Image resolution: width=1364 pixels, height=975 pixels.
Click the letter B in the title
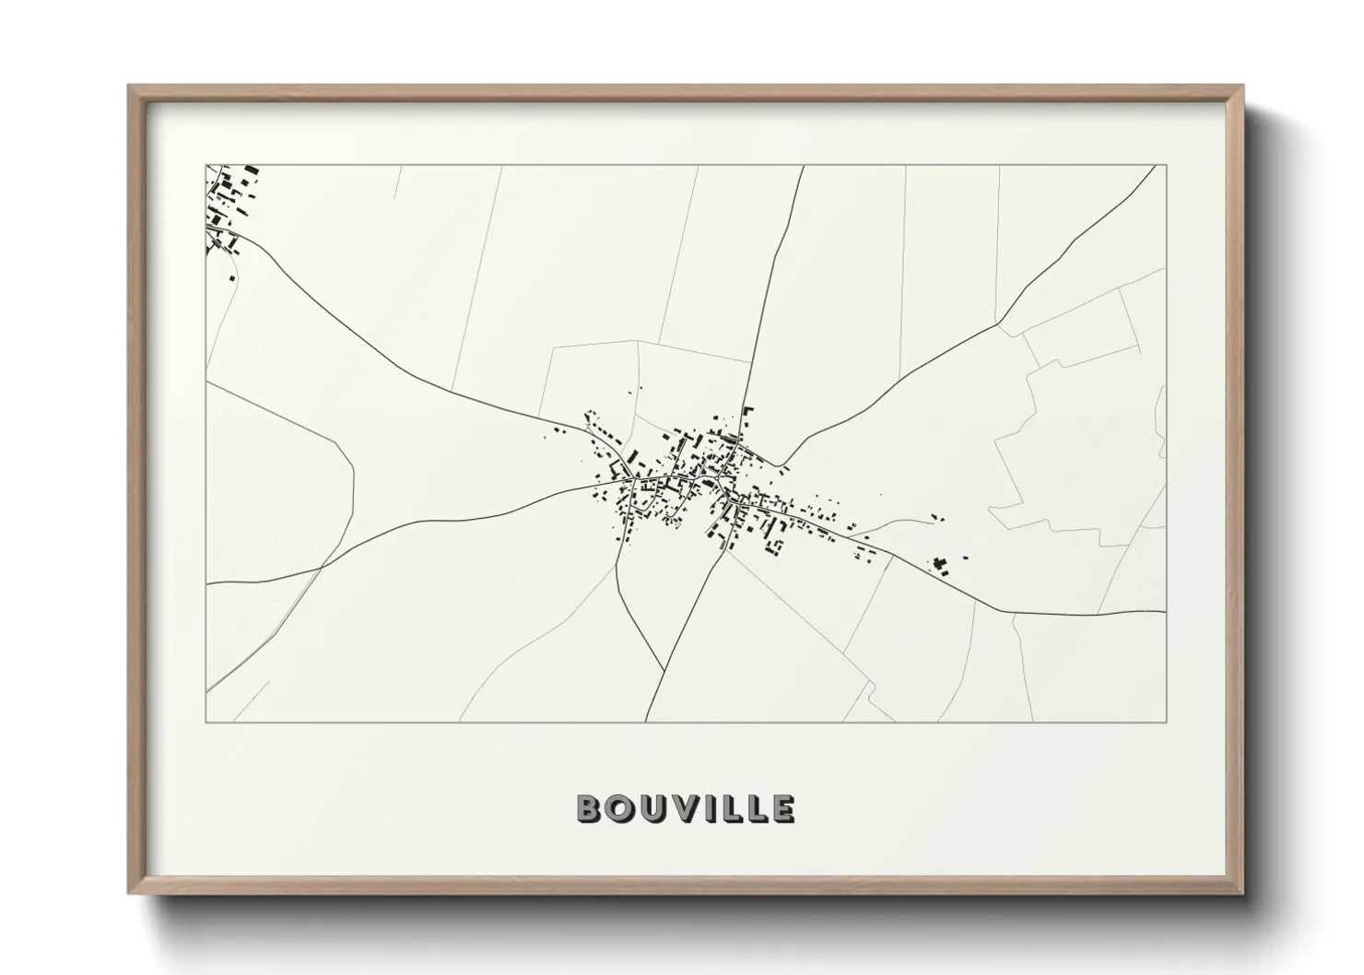point(590,809)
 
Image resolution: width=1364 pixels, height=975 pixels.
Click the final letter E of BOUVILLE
point(782,809)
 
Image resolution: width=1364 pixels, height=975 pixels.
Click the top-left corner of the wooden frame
point(128,86)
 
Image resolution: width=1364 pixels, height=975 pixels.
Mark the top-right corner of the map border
point(1166,166)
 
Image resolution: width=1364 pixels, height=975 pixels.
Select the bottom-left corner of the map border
point(206,722)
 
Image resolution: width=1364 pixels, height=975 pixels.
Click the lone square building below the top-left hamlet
point(232,277)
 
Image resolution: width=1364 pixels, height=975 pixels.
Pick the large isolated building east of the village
point(941,563)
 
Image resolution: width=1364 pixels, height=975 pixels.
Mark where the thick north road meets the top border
point(803,166)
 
